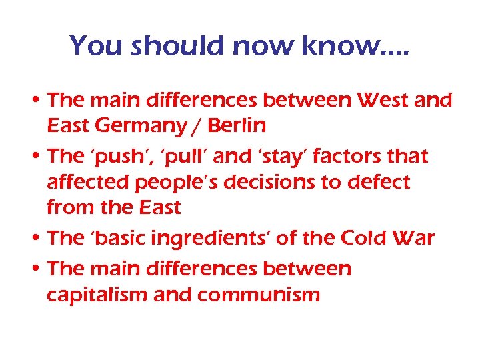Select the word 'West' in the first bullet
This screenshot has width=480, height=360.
[x=379, y=101]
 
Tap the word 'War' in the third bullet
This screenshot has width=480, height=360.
[x=417, y=238]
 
